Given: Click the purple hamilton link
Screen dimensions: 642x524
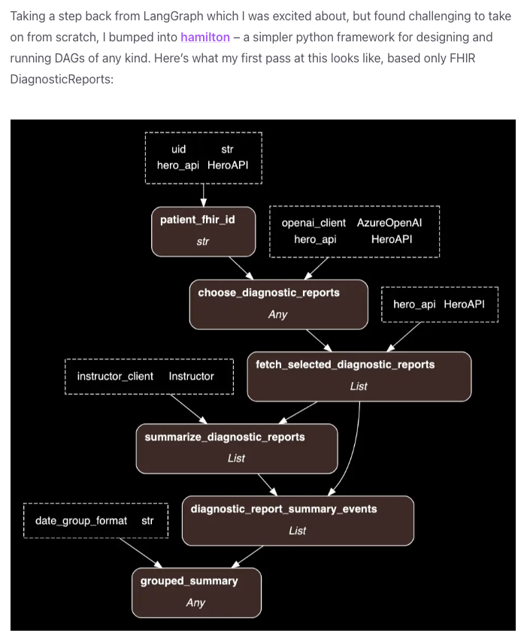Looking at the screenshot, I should [x=204, y=37].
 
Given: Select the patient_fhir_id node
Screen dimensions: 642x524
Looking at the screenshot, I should [x=203, y=231].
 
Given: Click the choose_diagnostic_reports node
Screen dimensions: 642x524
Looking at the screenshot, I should [x=278, y=304].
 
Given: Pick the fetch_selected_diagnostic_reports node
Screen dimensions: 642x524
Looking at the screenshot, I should [x=359, y=376].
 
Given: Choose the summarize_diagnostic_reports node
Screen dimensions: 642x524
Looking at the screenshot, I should [x=236, y=448].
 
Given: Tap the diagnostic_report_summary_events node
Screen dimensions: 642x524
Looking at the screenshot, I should [x=298, y=520].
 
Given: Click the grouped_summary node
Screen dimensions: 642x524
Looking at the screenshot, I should [x=195, y=592].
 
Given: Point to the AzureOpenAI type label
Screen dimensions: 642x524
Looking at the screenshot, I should [x=389, y=223].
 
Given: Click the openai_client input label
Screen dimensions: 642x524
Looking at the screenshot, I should [x=313, y=223].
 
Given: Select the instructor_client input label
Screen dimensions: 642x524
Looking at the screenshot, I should [x=115, y=376].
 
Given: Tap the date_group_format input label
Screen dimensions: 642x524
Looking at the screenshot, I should [x=81, y=520].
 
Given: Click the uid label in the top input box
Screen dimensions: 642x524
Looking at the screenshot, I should [x=178, y=150].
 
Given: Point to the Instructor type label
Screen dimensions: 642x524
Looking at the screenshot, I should [x=191, y=376].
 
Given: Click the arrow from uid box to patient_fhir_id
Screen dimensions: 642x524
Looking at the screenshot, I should [x=203, y=195].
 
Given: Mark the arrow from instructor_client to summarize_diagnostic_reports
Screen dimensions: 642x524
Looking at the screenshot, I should [x=188, y=409].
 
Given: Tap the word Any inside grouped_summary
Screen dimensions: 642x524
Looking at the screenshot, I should [x=195, y=603].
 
